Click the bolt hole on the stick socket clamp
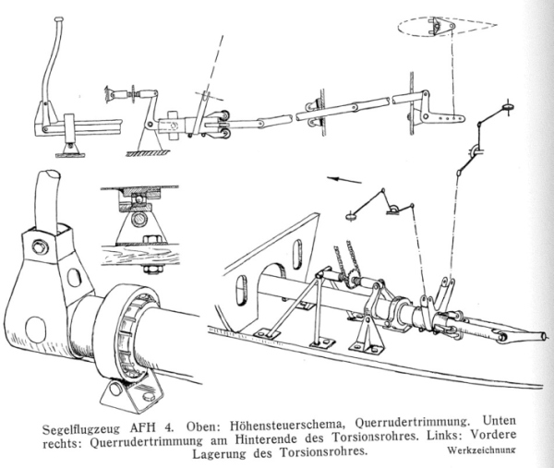[39, 246]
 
